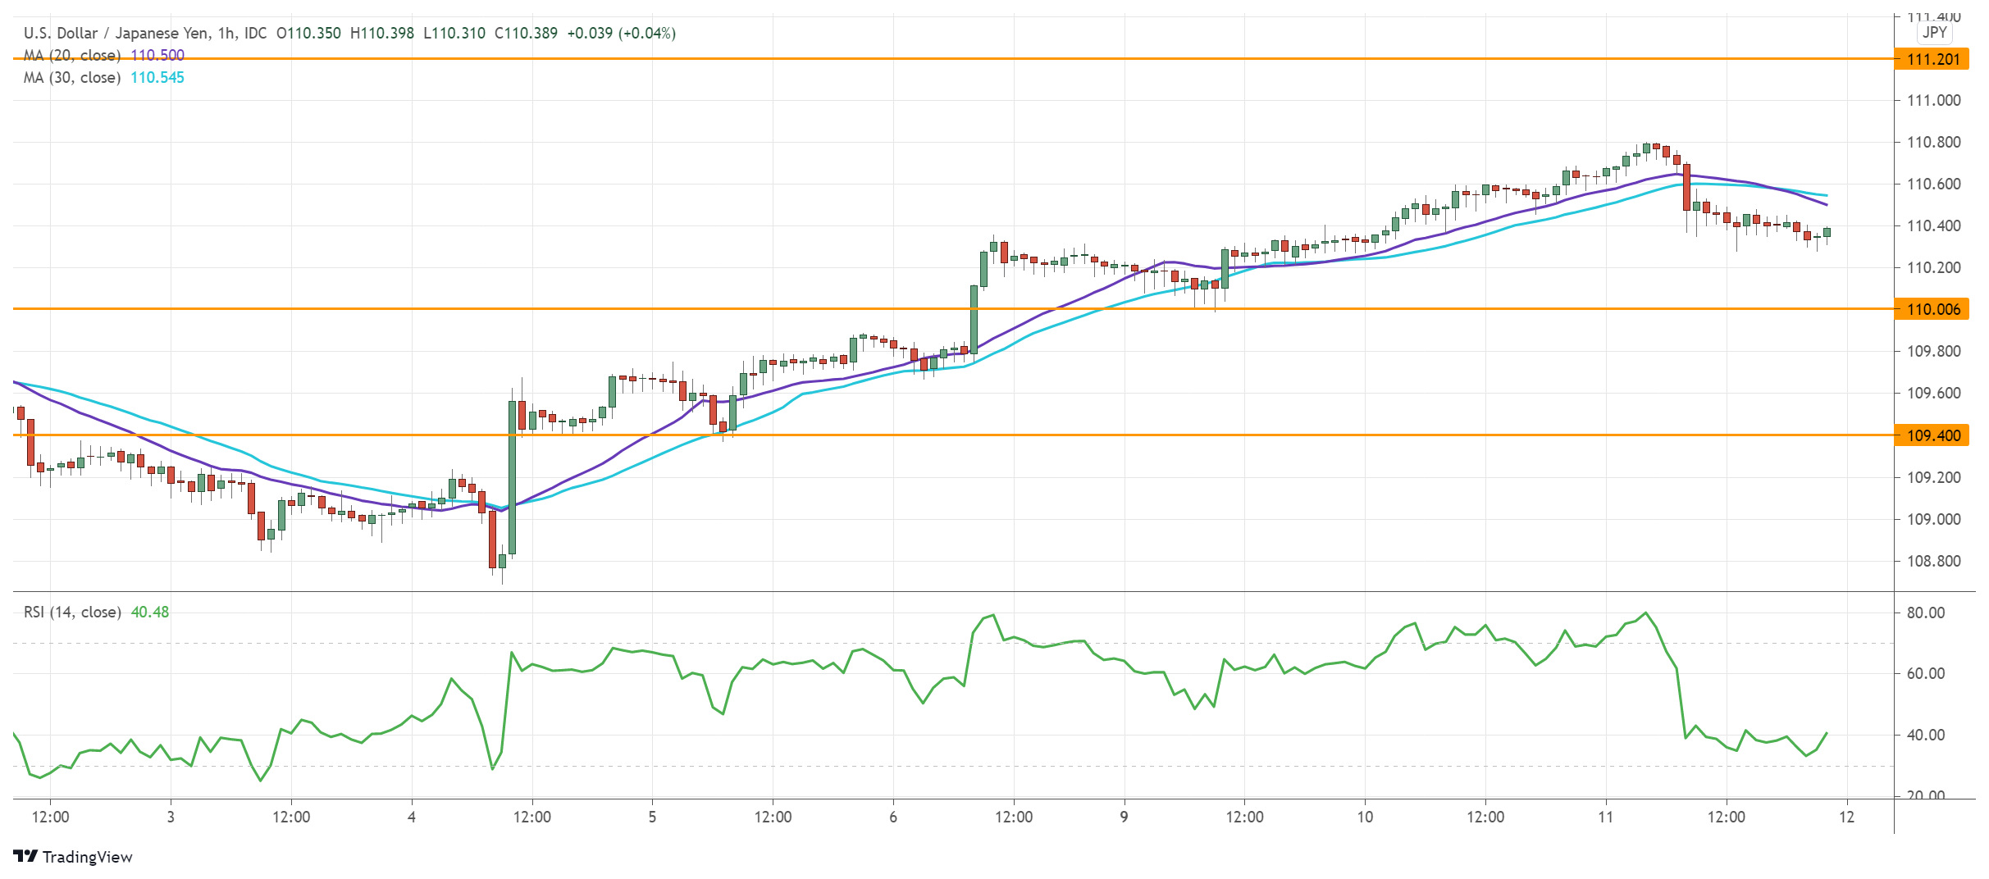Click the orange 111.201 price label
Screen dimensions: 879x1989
1932,59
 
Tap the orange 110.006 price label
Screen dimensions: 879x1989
1932,309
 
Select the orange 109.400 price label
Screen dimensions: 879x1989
1932,435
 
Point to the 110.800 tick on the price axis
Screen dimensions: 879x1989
1933,143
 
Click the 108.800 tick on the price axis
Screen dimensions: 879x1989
1933,562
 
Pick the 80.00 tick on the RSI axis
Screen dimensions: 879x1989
1925,613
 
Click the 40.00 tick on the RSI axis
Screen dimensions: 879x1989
1925,736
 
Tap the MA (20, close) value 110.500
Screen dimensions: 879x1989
157,56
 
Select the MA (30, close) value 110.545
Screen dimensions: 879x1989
157,78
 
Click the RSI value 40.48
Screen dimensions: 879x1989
150,613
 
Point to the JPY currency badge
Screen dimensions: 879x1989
1934,33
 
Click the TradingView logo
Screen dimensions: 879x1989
74,857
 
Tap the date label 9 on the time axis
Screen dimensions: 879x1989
1124,818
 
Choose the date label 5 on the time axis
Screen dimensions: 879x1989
652,818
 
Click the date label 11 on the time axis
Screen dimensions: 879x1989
1605,818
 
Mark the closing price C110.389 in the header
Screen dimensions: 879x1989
526,34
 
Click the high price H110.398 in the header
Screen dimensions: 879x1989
381,34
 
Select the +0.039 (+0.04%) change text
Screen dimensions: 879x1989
621,34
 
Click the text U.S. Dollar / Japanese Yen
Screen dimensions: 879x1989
116,34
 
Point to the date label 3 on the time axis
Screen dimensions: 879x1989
171,818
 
